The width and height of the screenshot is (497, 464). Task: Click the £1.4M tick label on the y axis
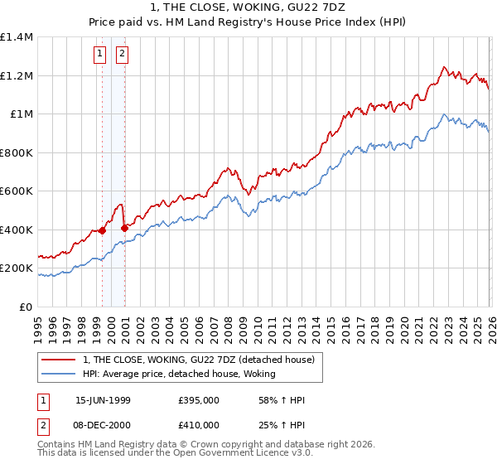(x=17, y=37)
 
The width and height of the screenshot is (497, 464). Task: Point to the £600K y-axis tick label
(x=17, y=191)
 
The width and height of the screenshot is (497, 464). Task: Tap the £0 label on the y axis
(x=25, y=307)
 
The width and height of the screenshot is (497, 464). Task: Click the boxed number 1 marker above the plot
(x=99, y=55)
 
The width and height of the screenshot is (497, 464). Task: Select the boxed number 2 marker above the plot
(x=122, y=55)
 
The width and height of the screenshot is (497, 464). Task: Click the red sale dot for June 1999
(x=103, y=231)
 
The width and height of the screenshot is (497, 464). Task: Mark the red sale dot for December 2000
(x=124, y=228)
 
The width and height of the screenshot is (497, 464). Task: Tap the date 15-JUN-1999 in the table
(x=103, y=400)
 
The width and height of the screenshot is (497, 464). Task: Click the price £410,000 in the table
(x=198, y=425)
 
